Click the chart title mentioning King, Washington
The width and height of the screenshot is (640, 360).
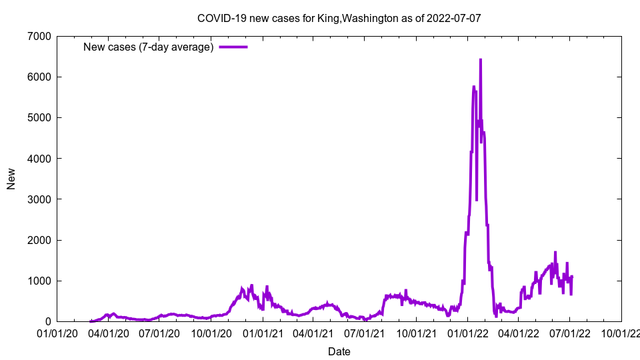click(x=339, y=19)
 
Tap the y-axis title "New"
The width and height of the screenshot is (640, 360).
click(x=11, y=179)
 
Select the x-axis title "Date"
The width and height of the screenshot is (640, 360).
click(x=339, y=351)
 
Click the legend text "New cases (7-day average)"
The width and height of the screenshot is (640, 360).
click(x=148, y=47)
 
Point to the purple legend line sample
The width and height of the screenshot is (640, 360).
click(x=233, y=47)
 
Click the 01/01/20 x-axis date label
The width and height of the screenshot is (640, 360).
click(x=57, y=333)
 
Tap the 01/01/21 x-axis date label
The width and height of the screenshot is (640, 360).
click(x=263, y=333)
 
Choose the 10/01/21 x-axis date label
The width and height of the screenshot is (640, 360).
click(x=416, y=333)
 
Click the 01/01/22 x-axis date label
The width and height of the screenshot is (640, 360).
click(x=467, y=333)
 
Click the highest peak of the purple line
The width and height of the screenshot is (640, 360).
click(x=480, y=60)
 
